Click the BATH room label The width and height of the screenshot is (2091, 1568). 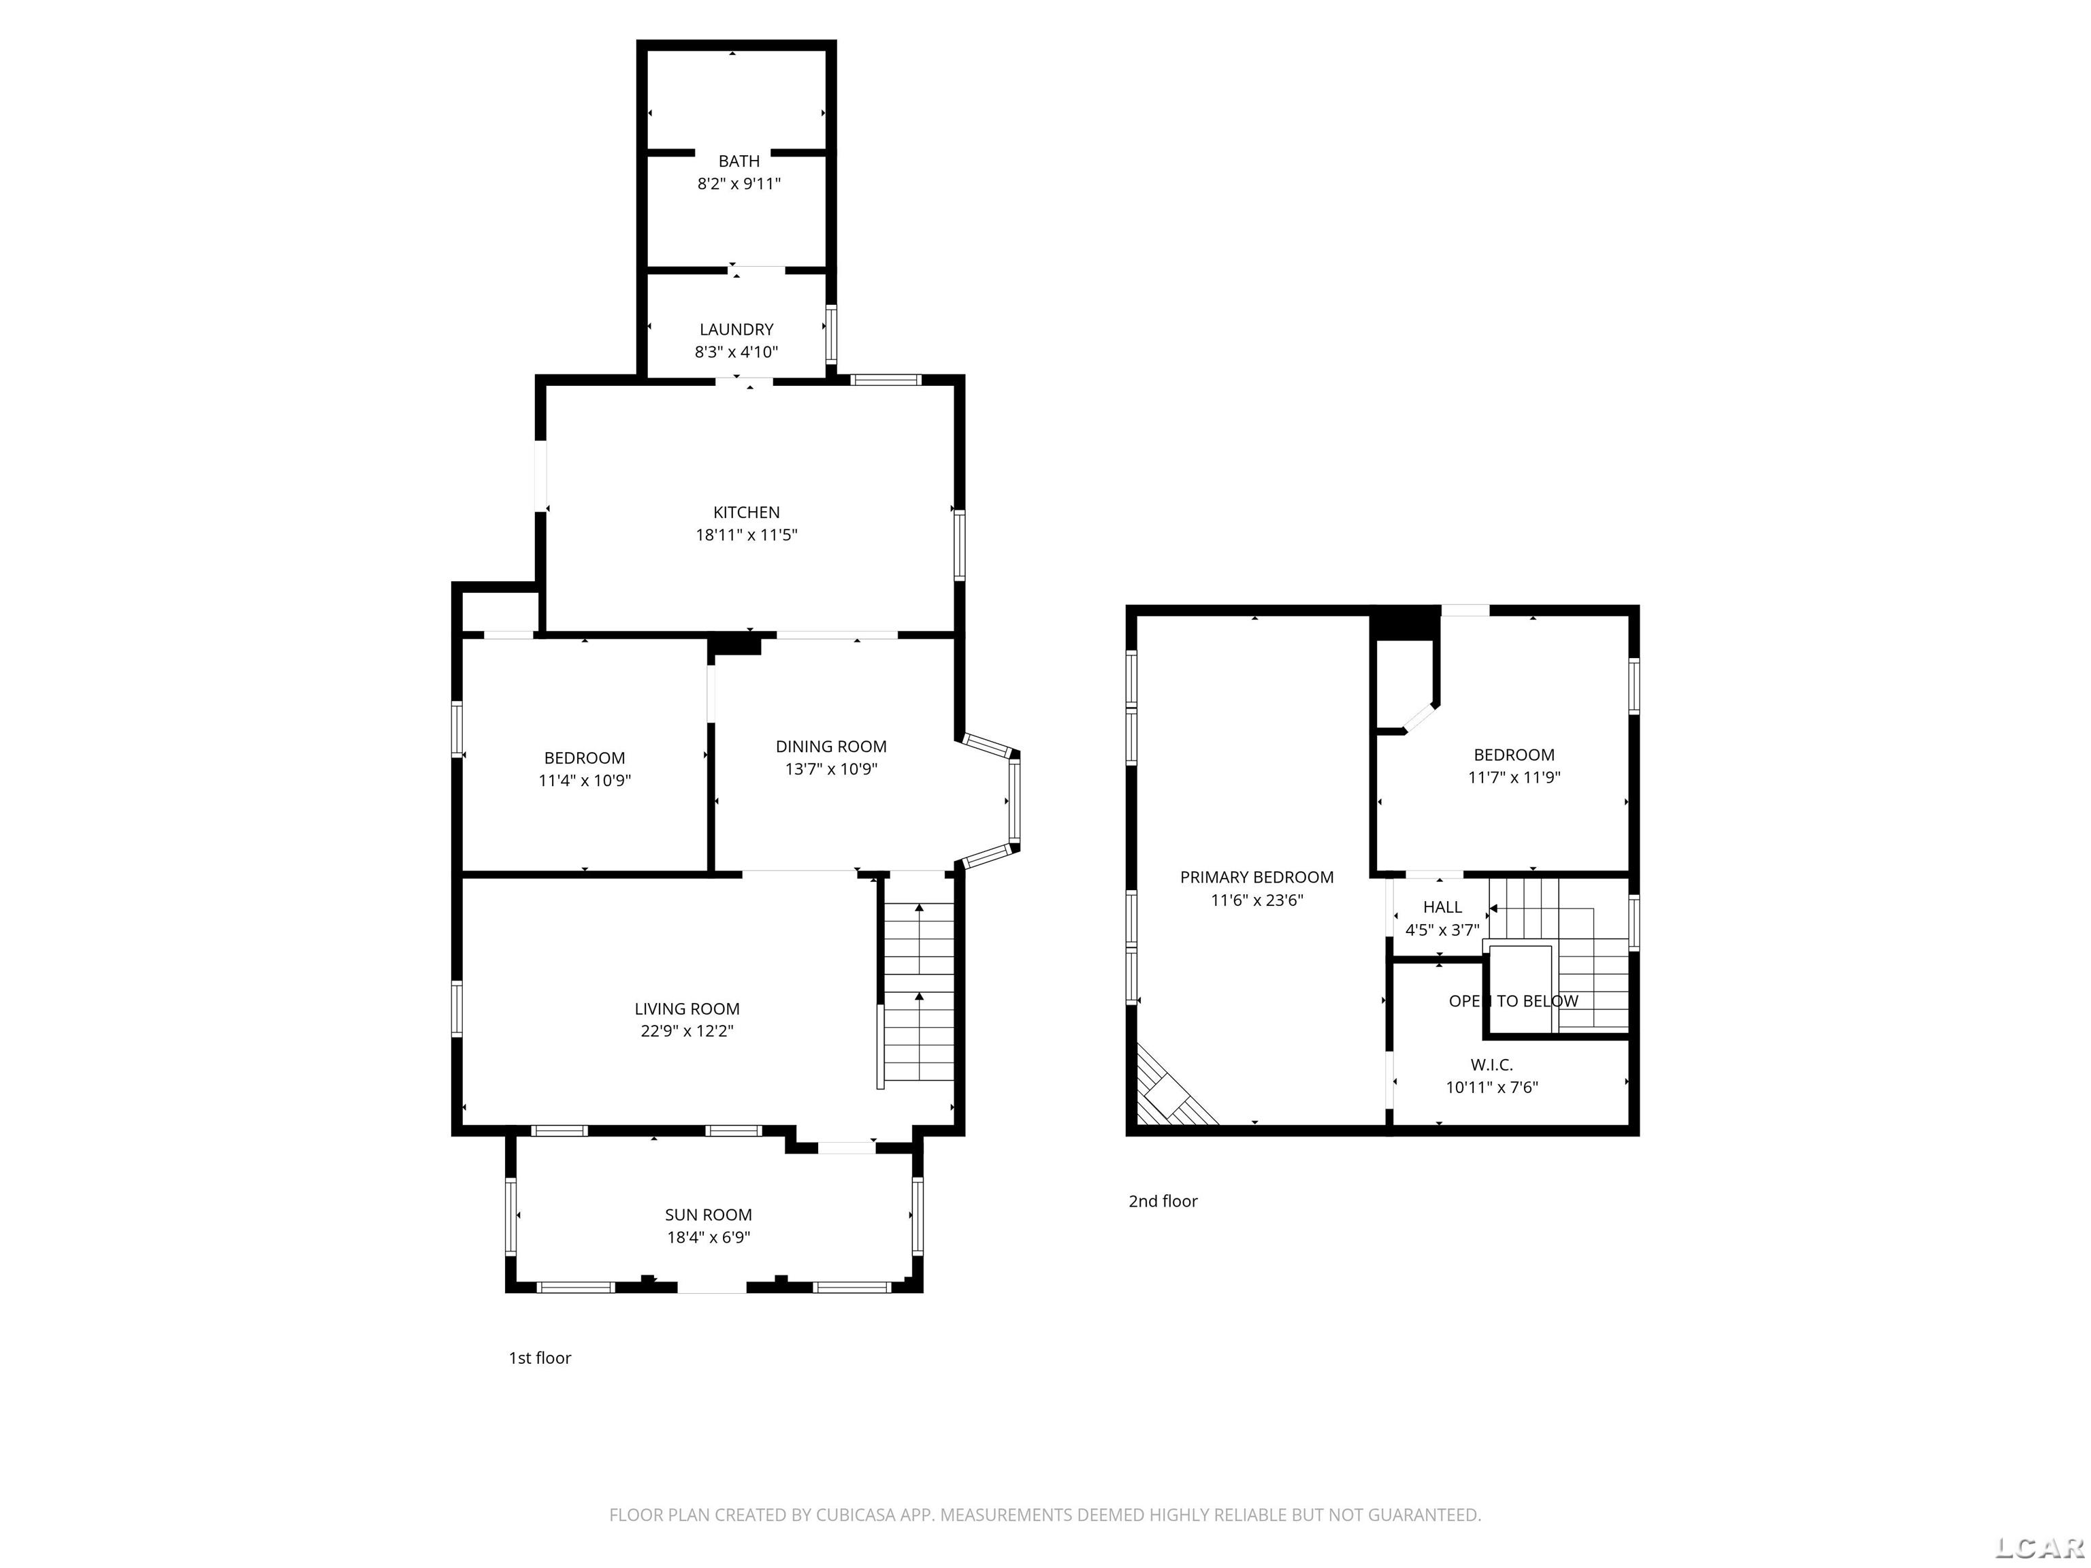739,161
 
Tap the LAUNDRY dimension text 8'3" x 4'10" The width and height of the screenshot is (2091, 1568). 736,353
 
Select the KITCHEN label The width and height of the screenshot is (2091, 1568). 746,512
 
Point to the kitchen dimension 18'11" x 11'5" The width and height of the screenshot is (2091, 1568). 747,535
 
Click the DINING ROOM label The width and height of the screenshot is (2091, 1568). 831,747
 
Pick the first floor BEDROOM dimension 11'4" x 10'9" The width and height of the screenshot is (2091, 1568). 584,781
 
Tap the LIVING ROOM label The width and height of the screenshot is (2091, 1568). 687,1009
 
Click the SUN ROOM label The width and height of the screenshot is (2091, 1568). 708,1215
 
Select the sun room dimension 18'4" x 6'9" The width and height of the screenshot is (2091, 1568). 708,1237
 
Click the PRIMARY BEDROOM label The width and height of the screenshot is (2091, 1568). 1257,877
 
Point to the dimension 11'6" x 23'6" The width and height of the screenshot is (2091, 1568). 1257,900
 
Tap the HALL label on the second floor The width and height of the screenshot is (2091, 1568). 1442,907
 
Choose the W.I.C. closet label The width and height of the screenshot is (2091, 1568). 1492,1065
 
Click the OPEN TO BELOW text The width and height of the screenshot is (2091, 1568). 1513,1001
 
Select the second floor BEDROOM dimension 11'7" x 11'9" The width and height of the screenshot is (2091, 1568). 1513,778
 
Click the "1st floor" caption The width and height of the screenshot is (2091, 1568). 540,1358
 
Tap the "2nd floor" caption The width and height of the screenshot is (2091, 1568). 1163,1201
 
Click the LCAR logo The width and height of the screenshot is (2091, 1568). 2039,1547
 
